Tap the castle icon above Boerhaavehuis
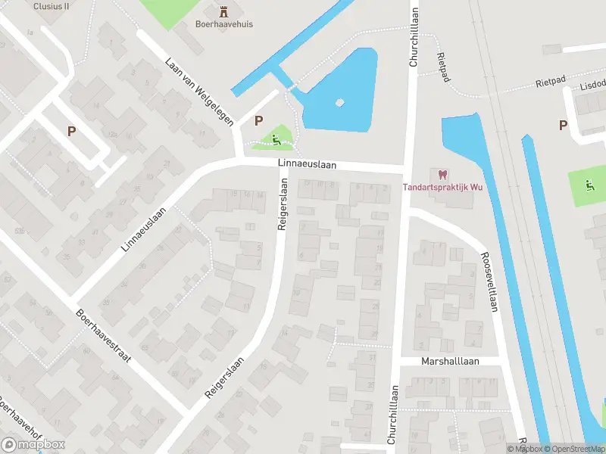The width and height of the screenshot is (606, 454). [x=223, y=11]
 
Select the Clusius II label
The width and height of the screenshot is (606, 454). [x=51, y=5]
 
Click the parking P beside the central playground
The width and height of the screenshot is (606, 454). [x=259, y=120]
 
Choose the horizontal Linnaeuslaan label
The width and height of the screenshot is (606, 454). [x=306, y=164]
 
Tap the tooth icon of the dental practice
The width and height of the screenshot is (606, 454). [x=442, y=174]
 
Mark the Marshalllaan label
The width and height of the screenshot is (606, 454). [x=450, y=362]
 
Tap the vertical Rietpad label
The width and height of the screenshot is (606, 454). [x=443, y=66]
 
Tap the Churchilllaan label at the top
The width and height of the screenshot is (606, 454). [x=414, y=38]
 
